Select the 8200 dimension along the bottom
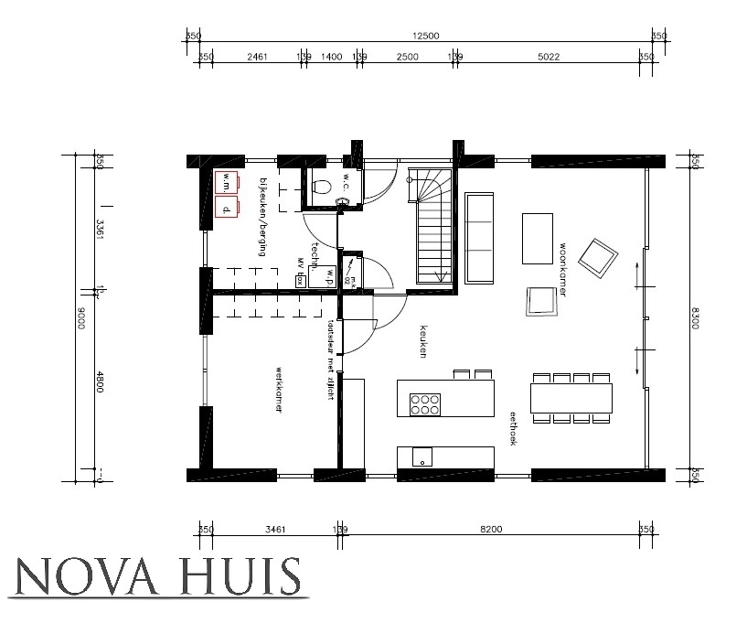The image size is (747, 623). click(491, 529)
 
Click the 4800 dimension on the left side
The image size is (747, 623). click(99, 384)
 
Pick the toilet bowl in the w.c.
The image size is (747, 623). click(320, 187)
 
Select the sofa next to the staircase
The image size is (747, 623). click(480, 236)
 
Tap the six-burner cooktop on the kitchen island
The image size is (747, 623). click(425, 403)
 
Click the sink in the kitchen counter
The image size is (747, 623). click(422, 457)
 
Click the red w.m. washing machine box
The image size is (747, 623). click(226, 182)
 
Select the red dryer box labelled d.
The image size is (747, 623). click(226, 208)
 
